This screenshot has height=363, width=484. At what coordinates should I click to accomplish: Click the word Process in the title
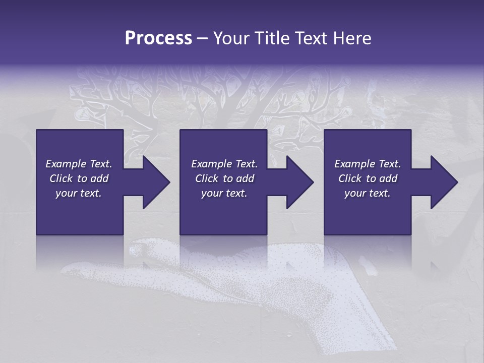(x=158, y=38)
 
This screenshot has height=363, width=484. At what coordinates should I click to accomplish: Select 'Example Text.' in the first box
(x=79, y=164)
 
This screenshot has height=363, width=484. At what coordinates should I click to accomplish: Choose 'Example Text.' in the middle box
(x=224, y=164)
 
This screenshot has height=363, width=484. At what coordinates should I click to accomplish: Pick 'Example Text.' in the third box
(x=368, y=164)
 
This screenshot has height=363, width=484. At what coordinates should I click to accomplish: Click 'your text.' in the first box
(x=79, y=193)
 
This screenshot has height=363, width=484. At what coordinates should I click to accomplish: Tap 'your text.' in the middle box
(x=224, y=193)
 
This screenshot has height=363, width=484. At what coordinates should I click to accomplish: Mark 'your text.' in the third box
(x=368, y=193)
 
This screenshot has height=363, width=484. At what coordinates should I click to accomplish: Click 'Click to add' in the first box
(x=79, y=178)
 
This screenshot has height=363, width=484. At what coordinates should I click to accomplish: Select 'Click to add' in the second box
(x=224, y=178)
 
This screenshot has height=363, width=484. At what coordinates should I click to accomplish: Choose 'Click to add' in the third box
(x=368, y=178)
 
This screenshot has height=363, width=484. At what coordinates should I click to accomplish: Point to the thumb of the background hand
(x=151, y=248)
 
